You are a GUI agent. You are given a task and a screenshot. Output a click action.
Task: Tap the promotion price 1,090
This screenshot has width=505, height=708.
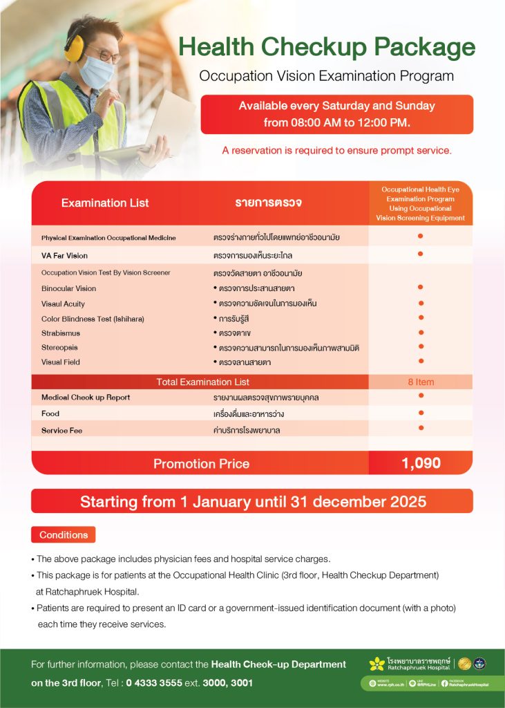pos(421,463)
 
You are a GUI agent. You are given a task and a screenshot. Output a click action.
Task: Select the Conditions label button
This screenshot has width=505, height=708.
pos(64,534)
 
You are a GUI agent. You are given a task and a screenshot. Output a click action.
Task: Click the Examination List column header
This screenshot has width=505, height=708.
pos(105,203)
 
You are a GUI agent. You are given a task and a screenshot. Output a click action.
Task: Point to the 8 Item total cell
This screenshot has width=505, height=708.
pos(420,382)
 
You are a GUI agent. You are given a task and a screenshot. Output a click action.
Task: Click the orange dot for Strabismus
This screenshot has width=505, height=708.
pos(420,333)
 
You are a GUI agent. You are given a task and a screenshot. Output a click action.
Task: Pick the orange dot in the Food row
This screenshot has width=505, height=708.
pos(420,413)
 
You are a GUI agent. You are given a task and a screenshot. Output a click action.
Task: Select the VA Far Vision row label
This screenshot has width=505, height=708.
pos(64,255)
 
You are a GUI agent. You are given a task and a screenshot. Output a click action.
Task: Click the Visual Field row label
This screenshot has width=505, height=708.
pos(61,362)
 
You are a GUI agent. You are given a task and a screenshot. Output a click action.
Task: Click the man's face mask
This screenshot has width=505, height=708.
pos(97,72)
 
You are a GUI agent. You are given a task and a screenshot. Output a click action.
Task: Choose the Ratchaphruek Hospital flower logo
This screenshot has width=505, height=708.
pos(377,664)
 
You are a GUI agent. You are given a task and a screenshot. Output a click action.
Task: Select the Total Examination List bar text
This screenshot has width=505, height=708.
pos(202,382)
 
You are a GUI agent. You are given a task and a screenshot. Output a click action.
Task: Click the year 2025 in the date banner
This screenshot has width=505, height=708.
pos(403,501)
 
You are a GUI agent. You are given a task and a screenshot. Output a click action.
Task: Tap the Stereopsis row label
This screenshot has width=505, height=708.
pos(59,347)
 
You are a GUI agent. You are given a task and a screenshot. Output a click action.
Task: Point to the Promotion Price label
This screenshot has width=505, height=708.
pos(201,463)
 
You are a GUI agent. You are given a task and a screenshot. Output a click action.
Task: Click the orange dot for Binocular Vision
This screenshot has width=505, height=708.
pos(420,287)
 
